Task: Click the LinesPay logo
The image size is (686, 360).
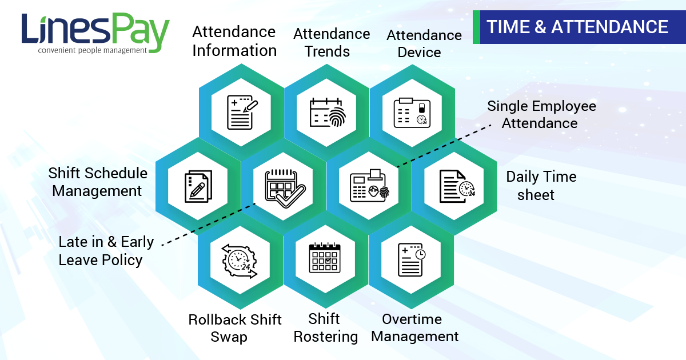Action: point(95,33)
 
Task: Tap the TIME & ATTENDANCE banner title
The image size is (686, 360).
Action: point(577,27)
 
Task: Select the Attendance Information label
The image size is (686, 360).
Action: point(234,41)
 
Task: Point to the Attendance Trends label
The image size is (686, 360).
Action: point(332,42)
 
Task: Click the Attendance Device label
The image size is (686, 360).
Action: point(424,44)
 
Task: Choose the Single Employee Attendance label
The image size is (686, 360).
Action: point(541,115)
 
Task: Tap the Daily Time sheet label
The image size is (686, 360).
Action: point(541,186)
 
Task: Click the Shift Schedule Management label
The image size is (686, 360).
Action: point(98,182)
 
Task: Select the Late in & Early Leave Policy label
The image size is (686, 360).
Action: point(106,251)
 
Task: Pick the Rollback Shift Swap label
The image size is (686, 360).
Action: point(235,328)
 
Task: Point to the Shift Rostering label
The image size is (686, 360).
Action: point(325,328)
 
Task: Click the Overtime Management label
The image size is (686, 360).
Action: point(414,328)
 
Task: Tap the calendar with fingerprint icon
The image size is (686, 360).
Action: point(328,112)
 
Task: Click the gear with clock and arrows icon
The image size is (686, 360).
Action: point(240,261)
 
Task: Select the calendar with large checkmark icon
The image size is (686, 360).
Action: point(285,188)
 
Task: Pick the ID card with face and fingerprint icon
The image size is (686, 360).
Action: point(370,186)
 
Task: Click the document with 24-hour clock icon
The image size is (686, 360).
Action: point(457,186)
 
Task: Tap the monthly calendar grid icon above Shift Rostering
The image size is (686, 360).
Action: point(325,258)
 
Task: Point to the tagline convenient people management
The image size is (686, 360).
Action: point(92,50)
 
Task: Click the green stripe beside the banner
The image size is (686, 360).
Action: point(476,27)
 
